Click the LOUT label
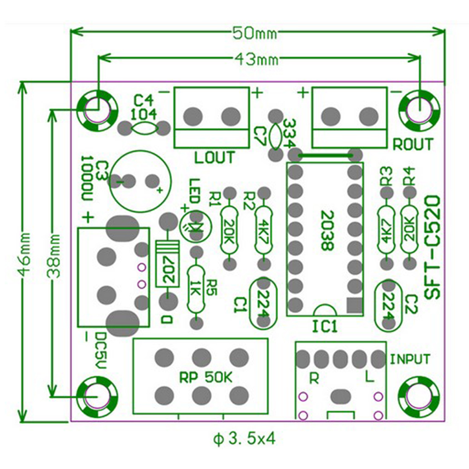214,158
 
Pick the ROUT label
413,144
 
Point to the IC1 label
324,326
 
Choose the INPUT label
410,359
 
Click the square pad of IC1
355,305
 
